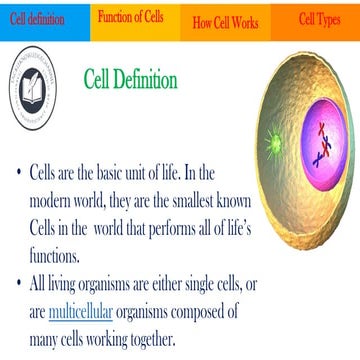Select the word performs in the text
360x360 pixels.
[213, 227]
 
